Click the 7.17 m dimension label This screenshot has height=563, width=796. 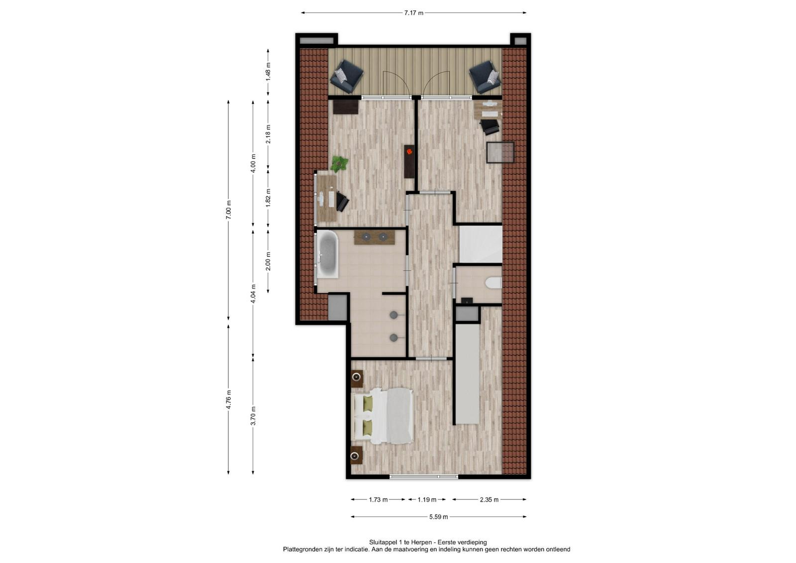coord(413,13)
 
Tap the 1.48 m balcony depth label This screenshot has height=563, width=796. coord(268,72)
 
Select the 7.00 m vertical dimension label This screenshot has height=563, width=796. coord(228,210)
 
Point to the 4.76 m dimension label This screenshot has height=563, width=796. coord(228,399)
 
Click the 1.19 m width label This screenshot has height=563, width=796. coord(427,500)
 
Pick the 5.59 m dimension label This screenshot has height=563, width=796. coord(438,517)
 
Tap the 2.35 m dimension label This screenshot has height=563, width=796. coord(490,500)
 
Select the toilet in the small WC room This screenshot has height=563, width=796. coord(494,283)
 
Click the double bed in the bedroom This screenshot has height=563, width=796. coord(382,416)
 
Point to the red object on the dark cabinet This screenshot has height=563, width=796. coord(409,152)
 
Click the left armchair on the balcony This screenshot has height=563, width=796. coord(346,77)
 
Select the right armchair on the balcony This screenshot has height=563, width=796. coord(486,77)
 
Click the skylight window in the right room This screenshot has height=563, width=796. coord(500,152)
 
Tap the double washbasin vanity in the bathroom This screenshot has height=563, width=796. coord(375,237)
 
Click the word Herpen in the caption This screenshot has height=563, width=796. coord(422,543)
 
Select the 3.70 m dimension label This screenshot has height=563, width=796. coord(253,416)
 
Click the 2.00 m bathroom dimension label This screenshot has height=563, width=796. coord(268,261)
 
